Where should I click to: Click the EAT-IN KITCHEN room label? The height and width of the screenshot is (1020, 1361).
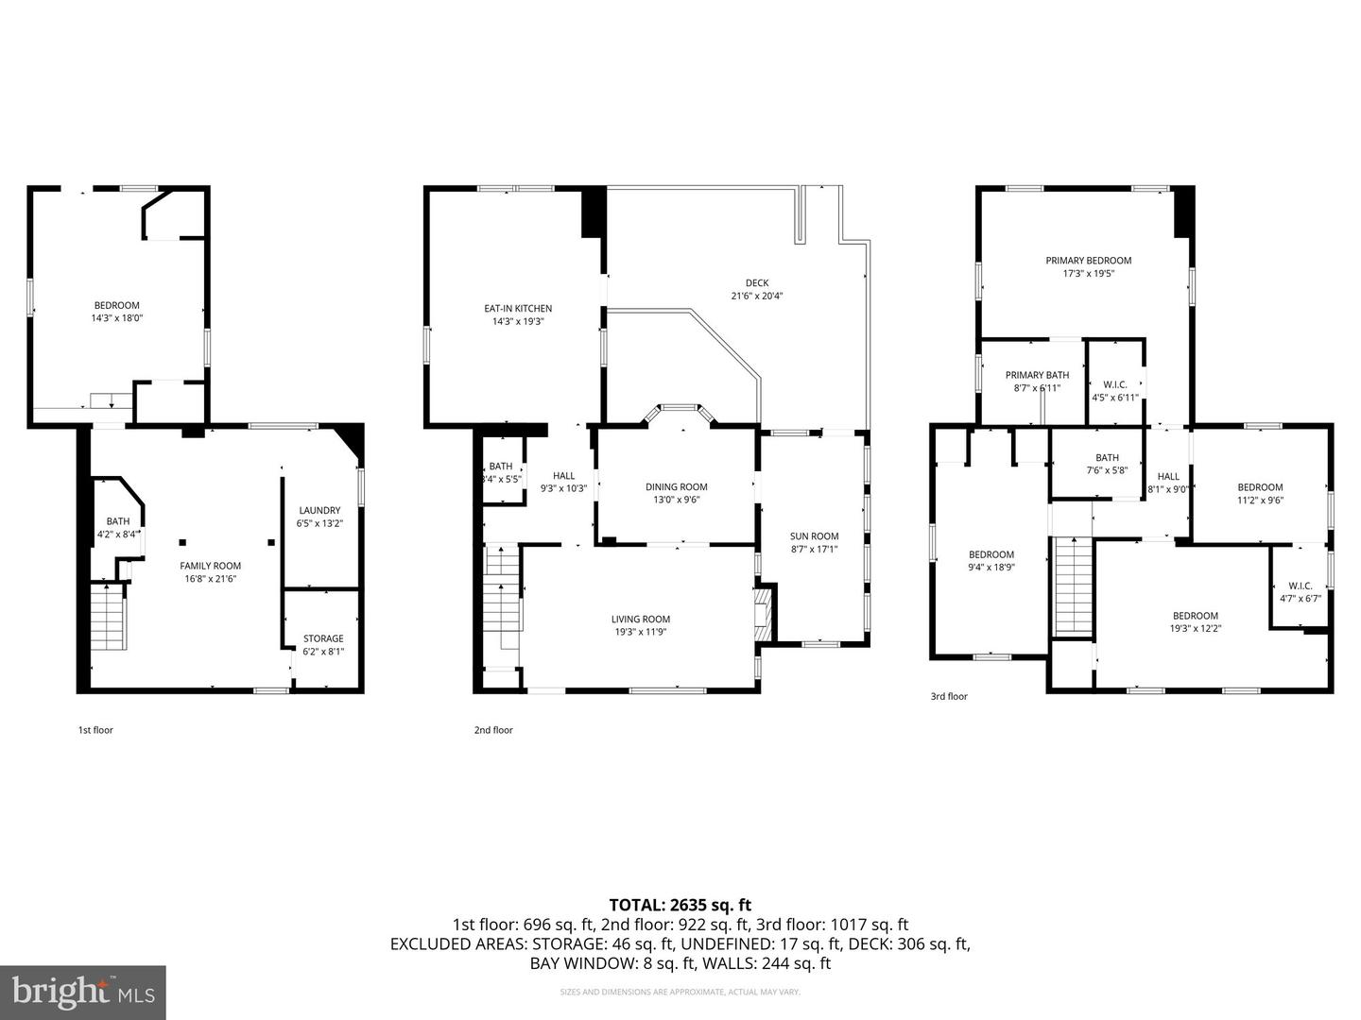coord(518,309)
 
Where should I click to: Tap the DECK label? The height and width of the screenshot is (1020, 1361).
coord(756,283)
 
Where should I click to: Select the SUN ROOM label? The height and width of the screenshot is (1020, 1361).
coord(814,536)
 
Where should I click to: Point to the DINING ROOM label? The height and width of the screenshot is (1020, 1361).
coord(677,487)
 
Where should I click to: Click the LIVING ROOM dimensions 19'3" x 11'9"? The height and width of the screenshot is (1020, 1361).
coord(640,633)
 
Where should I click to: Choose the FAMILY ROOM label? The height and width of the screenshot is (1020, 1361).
coord(211,566)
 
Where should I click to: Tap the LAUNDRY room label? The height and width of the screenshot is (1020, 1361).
coord(319,511)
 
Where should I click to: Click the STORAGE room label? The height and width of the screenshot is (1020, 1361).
coord(323,639)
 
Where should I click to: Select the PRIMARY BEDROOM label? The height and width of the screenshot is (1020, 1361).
coord(1088,261)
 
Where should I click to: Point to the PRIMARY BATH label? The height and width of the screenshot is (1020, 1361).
coord(1037,375)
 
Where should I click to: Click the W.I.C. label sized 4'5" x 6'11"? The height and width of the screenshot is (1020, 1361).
coord(1115,384)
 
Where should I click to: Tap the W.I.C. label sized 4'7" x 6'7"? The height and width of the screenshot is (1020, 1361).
coord(1300,586)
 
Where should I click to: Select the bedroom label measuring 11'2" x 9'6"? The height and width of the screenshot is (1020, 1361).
coord(1260,487)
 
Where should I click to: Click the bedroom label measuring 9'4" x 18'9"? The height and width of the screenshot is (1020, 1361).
coord(991,554)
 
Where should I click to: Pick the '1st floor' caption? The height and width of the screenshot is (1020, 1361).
coord(95,730)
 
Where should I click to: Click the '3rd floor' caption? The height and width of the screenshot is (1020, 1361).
coord(949,697)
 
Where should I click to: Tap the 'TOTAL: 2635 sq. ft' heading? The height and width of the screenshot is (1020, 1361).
coord(680,906)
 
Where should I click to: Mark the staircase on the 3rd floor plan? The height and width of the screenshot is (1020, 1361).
coord(1073,586)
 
